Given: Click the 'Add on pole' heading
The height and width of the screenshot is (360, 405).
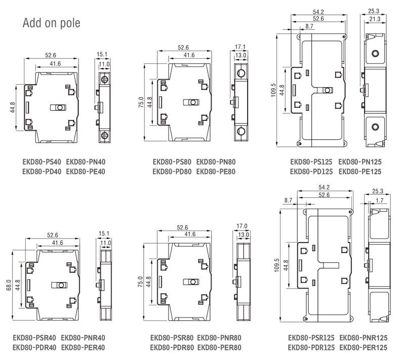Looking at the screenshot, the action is pos(52,23).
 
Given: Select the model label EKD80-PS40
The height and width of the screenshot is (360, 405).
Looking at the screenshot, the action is pos(42,162).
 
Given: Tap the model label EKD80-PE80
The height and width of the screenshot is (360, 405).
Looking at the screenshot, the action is pos(216,172).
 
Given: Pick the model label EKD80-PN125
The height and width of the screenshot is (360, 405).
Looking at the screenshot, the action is pos(360,162).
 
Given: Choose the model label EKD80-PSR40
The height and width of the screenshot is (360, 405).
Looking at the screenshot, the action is pos(34,338).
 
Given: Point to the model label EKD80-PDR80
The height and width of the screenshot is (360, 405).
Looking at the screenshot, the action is pos(172,348).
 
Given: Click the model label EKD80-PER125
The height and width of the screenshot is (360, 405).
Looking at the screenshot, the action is pos(363,348).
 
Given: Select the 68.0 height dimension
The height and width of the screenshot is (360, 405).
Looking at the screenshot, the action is pos(9,285).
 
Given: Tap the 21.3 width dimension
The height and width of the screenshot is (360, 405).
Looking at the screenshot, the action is pos(375,19).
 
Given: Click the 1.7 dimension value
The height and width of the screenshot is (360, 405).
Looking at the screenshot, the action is pos(379,201).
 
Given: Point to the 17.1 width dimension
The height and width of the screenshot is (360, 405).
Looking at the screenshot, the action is pos(240,47).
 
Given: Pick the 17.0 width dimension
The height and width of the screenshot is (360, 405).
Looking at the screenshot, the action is pos(242,226).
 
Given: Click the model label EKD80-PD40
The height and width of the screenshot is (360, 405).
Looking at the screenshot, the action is pos(42,172).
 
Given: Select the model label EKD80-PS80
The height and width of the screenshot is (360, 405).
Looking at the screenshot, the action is pos(172,162).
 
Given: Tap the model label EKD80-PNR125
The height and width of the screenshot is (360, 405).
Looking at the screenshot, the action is pos(363,338).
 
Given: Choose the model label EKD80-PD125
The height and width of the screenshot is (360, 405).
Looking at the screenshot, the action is pos(311,172).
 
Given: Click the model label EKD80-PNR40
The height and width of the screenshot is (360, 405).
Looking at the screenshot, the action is pos(83,338).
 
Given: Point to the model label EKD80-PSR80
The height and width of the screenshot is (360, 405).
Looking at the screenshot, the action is pos(172,338).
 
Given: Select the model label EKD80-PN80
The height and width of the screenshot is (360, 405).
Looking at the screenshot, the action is pos(216,162).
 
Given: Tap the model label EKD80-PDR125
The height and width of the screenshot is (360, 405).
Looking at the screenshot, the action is pos(311,348).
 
